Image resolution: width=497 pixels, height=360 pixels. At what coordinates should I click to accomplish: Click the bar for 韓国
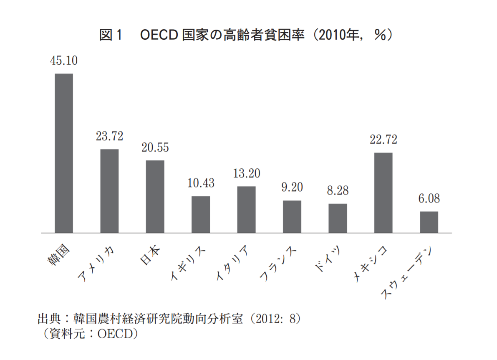(64, 153)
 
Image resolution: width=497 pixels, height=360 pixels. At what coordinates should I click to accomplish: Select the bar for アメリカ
(109, 191)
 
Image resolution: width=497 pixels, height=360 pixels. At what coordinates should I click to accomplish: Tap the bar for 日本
(155, 197)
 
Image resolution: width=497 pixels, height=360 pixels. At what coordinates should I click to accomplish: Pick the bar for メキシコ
(383, 193)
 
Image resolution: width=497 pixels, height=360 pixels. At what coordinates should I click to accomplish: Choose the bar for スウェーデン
(429, 222)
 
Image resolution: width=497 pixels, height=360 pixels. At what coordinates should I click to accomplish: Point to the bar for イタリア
(246, 210)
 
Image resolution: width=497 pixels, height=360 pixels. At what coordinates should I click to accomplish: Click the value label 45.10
(64, 60)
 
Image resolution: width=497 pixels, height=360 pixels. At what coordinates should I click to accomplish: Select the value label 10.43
(201, 183)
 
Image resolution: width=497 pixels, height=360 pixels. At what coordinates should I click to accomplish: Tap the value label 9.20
(292, 187)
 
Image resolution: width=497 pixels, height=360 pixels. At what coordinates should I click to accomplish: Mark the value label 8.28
(338, 190)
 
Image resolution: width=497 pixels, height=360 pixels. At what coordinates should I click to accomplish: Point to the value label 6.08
(429, 198)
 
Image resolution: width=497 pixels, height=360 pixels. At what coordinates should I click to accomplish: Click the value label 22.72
(383, 139)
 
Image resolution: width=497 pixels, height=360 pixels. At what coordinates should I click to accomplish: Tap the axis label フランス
(278, 264)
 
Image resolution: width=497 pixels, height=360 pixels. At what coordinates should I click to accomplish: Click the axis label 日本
(150, 255)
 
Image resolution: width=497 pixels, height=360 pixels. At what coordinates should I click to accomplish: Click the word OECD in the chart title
(159, 35)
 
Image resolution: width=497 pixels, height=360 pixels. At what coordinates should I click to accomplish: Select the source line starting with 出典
(169, 319)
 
